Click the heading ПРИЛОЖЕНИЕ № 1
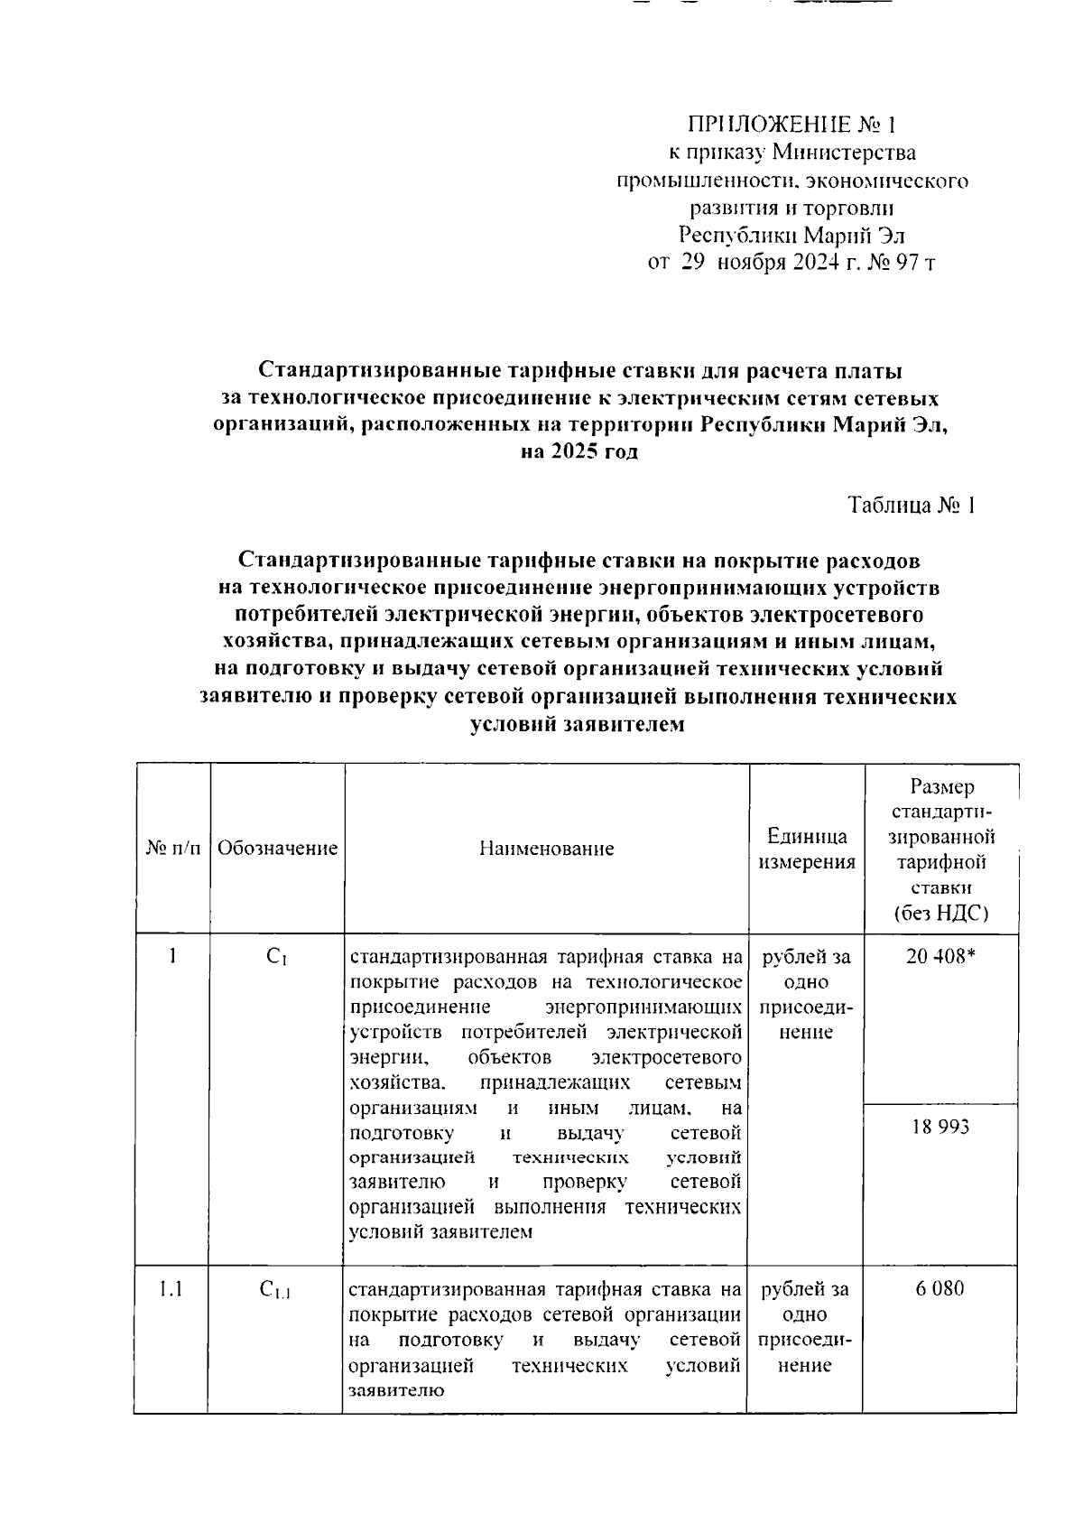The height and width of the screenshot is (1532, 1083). coord(793,125)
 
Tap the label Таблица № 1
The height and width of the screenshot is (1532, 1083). coord(912,506)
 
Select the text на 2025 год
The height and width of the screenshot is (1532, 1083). coord(579,451)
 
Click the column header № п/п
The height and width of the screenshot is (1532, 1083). coord(172,848)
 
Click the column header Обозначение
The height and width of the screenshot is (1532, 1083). coord(277,848)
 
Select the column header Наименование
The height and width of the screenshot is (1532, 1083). coord(546,849)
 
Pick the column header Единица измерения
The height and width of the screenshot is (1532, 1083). coord(806,849)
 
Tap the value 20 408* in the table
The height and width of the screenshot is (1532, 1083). coord(941,957)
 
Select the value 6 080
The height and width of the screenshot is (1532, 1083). coord(940,1288)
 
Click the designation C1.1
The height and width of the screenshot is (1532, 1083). coord(275,1291)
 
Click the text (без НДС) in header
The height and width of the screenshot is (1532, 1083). coord(941,914)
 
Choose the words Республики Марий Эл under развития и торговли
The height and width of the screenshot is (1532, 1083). coord(791,237)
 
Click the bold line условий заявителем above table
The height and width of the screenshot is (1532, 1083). coord(579,724)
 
